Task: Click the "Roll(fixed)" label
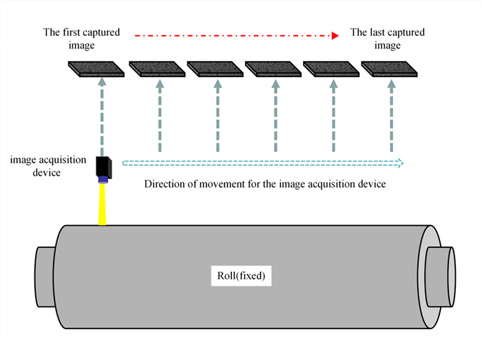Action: point(241,277)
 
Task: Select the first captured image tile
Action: point(97,68)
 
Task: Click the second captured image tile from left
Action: point(156,68)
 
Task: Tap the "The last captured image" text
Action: point(387,39)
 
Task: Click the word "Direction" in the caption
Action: point(165,184)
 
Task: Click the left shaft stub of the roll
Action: point(44,272)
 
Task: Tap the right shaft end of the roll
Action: point(440,272)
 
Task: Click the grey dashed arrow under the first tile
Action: point(102,117)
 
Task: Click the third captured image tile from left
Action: point(214,68)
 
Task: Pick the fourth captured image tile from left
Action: point(272,68)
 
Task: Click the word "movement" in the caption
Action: point(219,184)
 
